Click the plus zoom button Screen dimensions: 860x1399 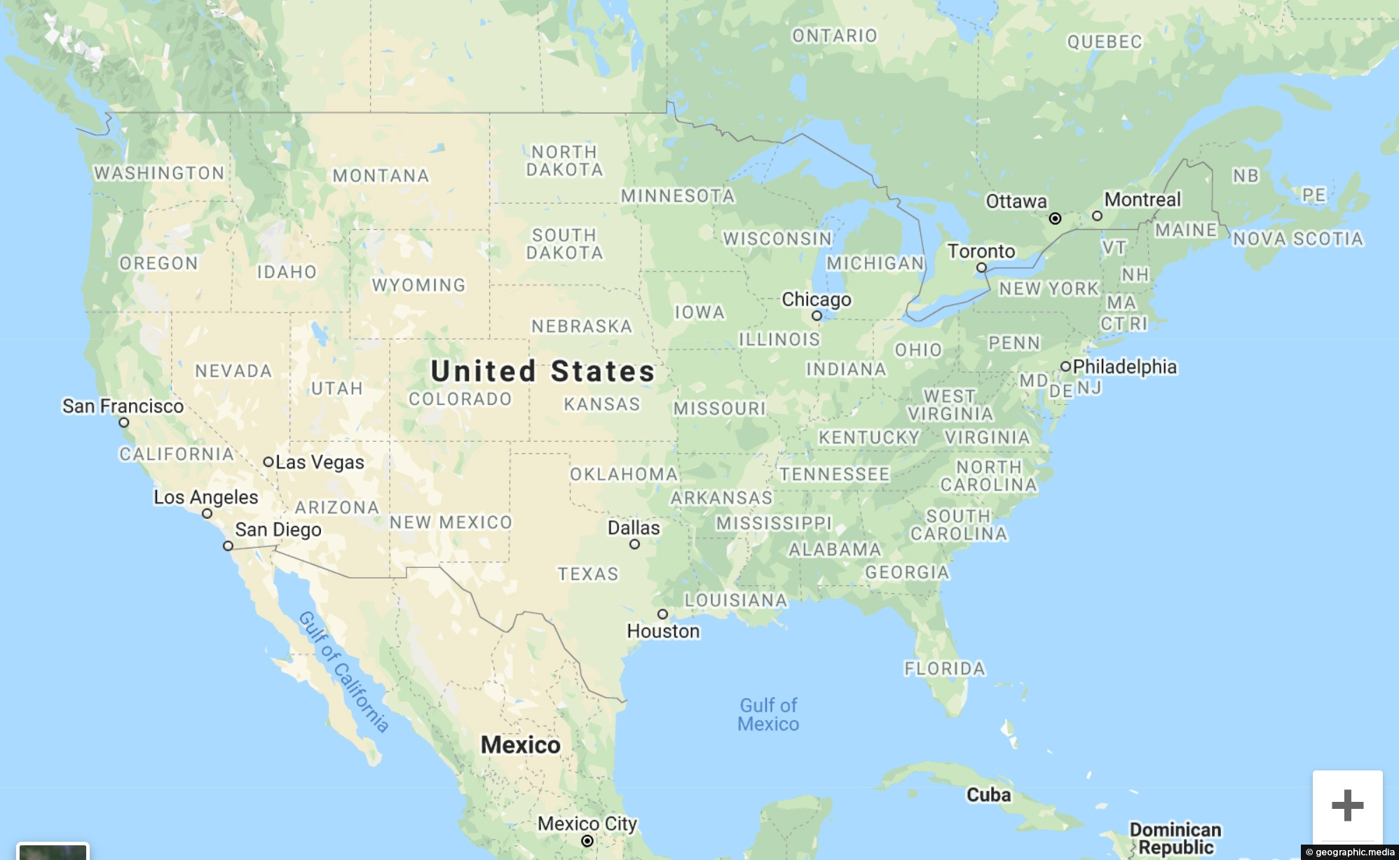coord(1347,805)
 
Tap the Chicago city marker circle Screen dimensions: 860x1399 coord(817,316)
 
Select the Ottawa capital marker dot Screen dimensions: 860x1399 coord(1055,219)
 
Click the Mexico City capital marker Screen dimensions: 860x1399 coord(587,840)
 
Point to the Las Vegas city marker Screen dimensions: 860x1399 coord(268,462)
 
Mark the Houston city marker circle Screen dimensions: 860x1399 coord(662,614)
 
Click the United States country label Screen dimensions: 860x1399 coord(542,371)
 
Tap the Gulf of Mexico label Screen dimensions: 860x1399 coord(768,714)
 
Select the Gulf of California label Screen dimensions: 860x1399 coord(343,672)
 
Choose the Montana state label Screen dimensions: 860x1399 coord(381,175)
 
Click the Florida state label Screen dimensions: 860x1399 coord(945,668)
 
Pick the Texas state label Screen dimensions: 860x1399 coord(588,574)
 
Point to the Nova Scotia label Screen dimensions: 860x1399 coord(1298,239)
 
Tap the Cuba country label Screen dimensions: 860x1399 coord(988,795)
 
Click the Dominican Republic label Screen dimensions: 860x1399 coord(1175,838)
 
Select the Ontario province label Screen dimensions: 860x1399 coord(834,36)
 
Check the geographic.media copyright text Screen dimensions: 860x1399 coord(1350,852)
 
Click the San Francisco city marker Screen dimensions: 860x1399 coord(123,422)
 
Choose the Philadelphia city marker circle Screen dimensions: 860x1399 coord(1065,366)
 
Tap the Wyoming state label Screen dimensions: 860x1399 coord(418,285)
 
